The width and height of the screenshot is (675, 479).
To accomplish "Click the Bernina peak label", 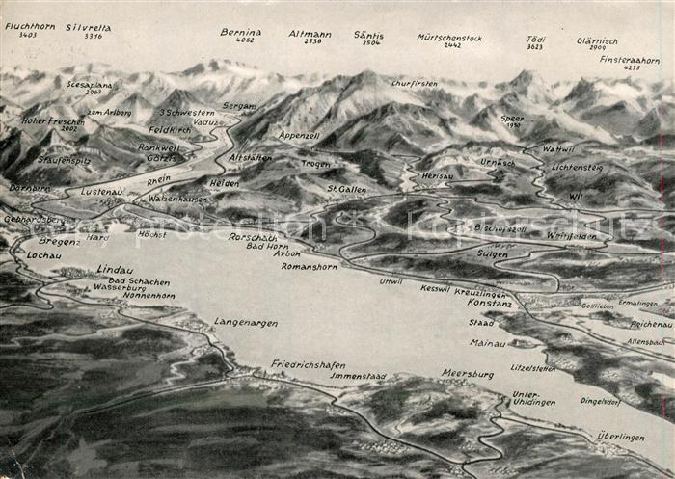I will point(240,32).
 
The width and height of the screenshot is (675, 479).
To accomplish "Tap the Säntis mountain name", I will point(367,34).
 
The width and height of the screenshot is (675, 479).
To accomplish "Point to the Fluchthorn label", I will point(29,26).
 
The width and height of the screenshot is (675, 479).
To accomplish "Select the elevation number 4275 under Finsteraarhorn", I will point(632,67).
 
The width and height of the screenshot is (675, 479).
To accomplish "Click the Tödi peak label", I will point(535,39).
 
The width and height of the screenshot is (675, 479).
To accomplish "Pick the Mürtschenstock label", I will point(449,37).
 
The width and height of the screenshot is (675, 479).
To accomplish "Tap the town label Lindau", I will point(114,269).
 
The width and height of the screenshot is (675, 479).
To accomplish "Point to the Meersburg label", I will point(468,374).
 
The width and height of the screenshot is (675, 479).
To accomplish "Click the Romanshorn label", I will point(309,265).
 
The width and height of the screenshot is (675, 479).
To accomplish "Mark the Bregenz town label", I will point(60,241).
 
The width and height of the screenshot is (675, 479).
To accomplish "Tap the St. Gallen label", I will point(346,189).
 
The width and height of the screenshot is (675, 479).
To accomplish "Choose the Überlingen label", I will point(620,437).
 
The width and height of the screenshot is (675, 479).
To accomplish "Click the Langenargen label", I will point(246,322).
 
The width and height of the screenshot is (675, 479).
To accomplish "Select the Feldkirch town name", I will point(170,129).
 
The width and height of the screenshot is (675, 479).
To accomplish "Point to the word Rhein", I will point(158,178).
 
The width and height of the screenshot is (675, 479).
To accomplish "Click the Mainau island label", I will point(487,342).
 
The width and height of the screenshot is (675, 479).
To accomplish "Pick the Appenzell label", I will point(299,136).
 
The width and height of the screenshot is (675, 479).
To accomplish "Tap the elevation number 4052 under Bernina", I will point(245,40).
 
